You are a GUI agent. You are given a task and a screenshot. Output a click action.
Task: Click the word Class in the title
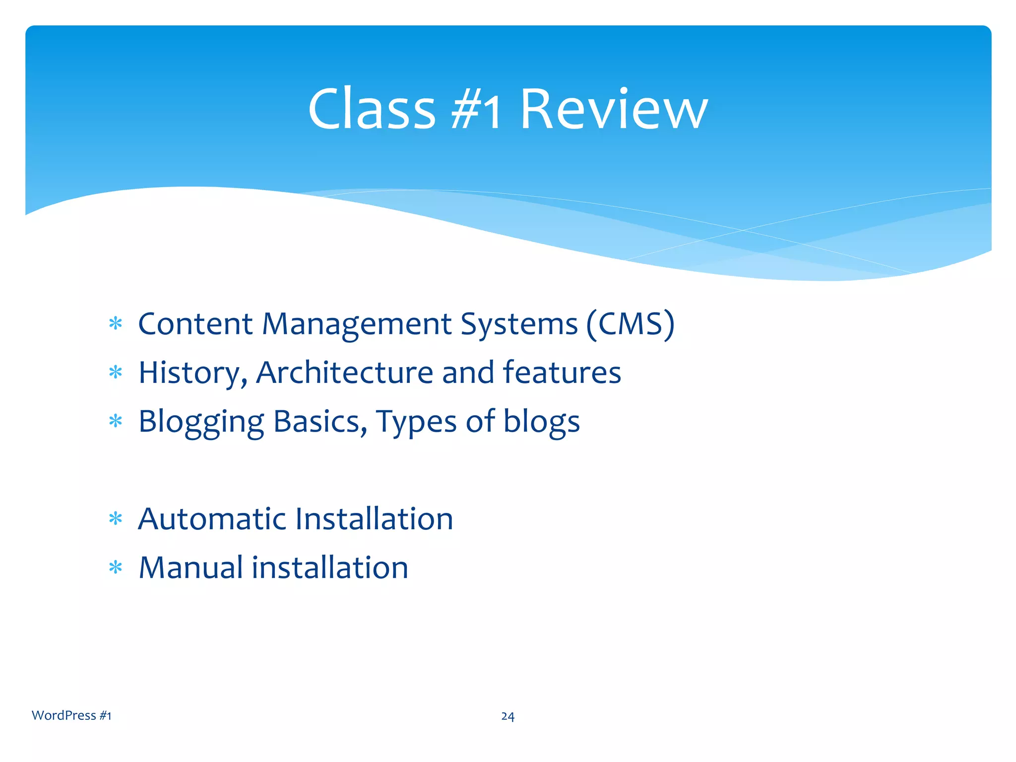pos(372,109)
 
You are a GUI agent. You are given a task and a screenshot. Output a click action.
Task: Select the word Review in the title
pos(614,109)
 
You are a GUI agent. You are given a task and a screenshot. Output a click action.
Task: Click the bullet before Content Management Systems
pos(116,324)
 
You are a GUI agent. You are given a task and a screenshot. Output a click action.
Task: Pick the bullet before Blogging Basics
pos(116,422)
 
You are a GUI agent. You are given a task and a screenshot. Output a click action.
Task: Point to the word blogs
pos(541,422)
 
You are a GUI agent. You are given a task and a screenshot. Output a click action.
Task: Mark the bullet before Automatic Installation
pos(116,519)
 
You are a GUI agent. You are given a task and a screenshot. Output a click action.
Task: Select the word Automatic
pos(212,519)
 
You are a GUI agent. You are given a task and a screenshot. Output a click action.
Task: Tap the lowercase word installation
pos(330,568)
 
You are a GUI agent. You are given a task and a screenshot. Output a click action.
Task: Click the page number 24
pos(508,716)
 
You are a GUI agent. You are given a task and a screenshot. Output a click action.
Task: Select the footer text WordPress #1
pos(71,715)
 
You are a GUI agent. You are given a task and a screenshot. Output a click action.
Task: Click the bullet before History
pos(116,373)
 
